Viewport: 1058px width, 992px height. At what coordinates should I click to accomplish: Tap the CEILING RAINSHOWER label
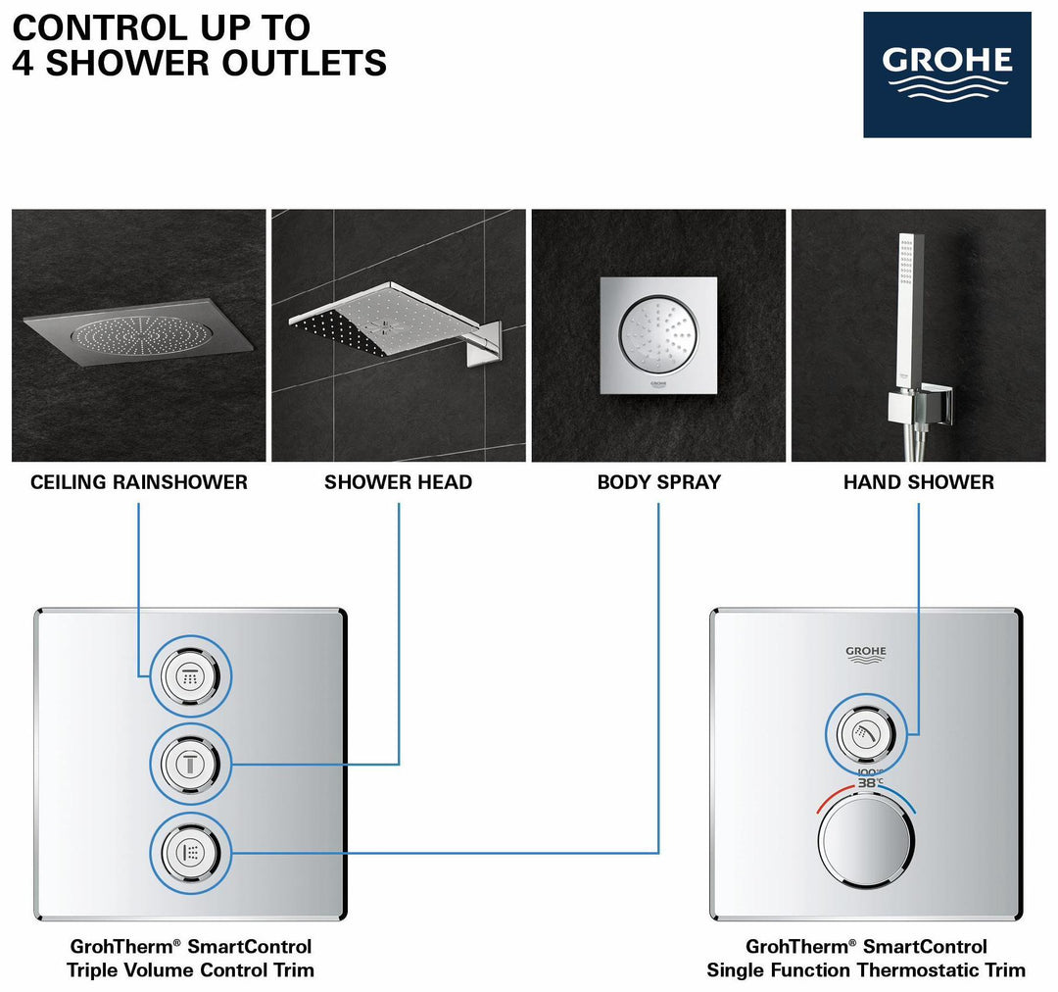[139, 482]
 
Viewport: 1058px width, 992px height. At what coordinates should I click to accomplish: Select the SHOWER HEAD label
[399, 482]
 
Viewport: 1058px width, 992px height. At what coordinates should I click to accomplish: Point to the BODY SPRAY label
[658, 482]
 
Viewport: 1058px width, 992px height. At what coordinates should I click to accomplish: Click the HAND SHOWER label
[918, 482]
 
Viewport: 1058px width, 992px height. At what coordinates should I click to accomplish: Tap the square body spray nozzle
[658, 334]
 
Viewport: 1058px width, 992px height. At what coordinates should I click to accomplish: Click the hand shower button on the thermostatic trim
[865, 731]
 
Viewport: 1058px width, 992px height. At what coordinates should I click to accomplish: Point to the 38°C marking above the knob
[868, 783]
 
